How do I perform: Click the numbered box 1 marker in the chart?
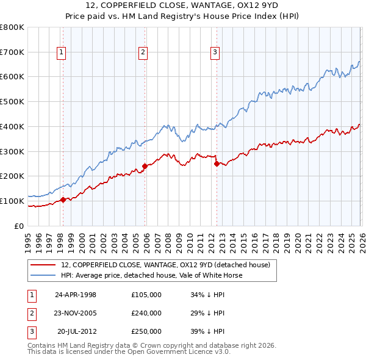62,53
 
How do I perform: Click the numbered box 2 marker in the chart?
143,53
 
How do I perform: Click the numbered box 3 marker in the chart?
215,53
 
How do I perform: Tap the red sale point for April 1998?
63,200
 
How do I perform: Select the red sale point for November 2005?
145,166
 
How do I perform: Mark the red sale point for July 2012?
217,163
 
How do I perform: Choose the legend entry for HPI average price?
152,275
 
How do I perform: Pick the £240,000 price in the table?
146,313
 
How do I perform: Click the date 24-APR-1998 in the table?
76,295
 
